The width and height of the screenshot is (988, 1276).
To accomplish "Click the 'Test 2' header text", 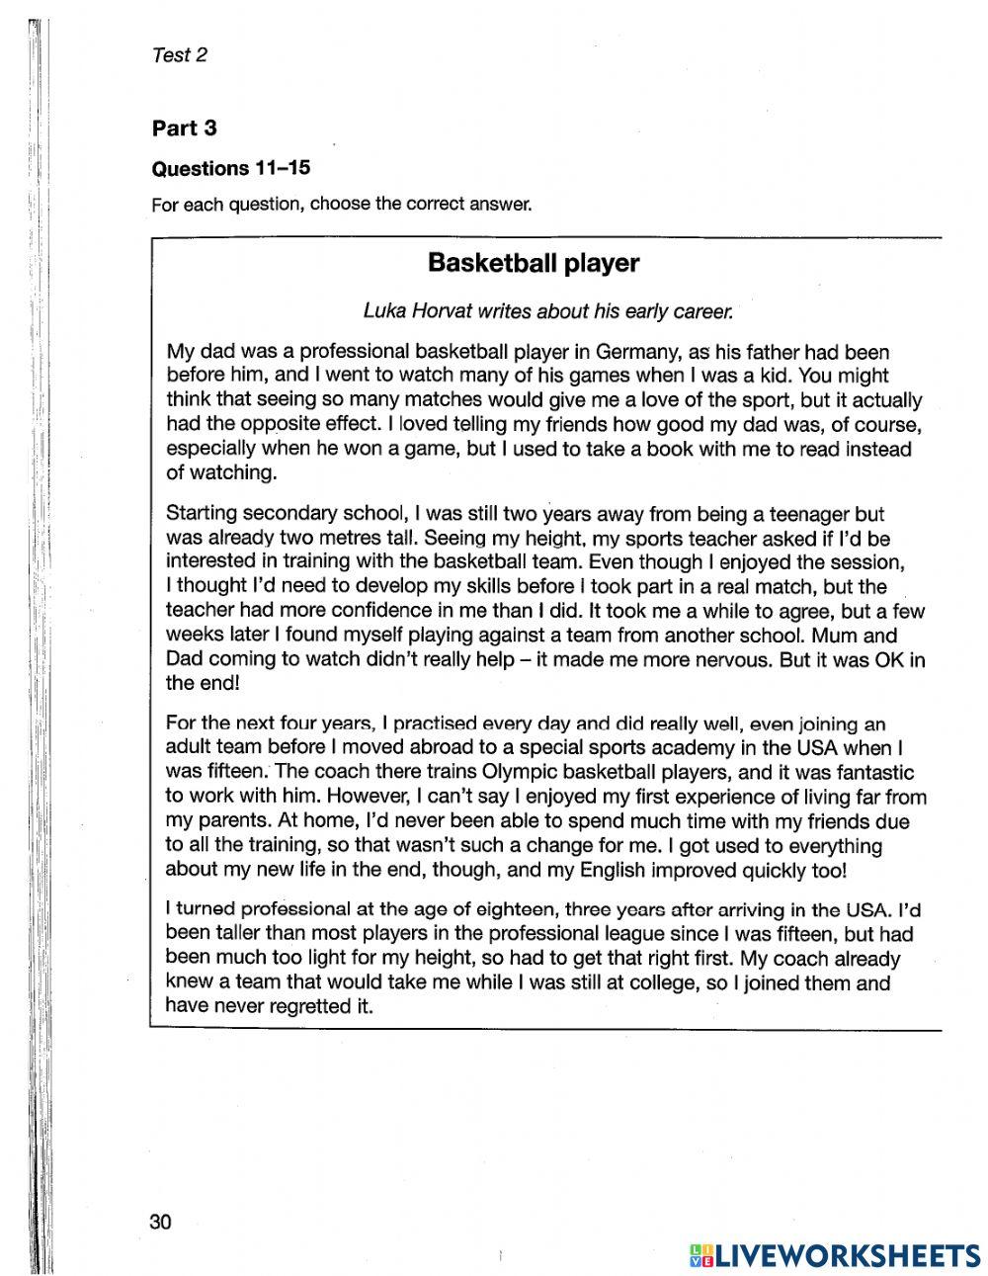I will pyautogui.click(x=180, y=55).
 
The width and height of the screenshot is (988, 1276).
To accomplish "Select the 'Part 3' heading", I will pyautogui.click(x=184, y=128).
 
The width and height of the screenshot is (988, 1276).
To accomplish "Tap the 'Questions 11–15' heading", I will pyautogui.click(x=230, y=168).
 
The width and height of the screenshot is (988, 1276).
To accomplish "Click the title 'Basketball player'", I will pyautogui.click(x=533, y=263).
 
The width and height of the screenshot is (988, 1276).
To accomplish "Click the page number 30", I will pyautogui.click(x=161, y=1222).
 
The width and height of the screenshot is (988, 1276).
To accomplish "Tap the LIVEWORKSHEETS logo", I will pyautogui.click(x=833, y=1254).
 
